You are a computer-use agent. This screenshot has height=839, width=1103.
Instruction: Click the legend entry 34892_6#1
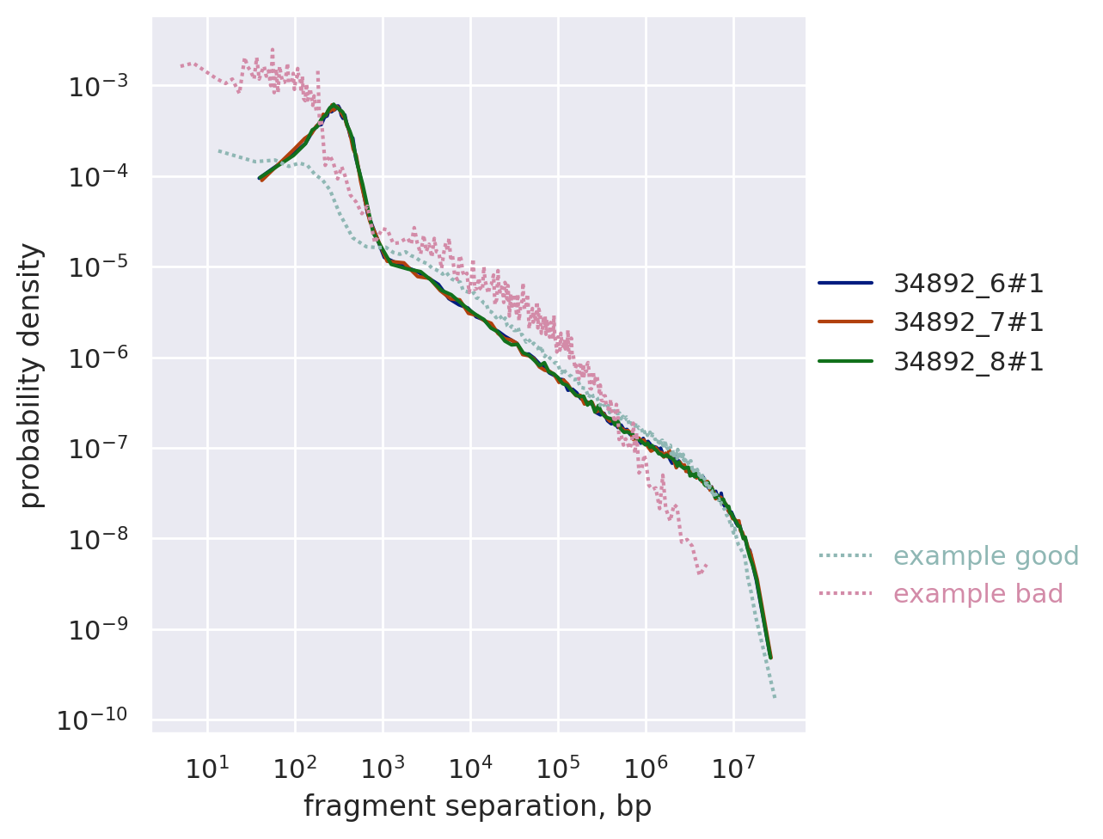pyautogui.click(x=968, y=283)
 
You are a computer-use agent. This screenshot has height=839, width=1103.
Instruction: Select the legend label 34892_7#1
pyautogui.click(x=968, y=322)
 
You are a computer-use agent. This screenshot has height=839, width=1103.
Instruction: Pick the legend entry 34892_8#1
pyautogui.click(x=968, y=362)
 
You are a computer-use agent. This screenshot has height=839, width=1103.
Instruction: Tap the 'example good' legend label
pyautogui.click(x=985, y=556)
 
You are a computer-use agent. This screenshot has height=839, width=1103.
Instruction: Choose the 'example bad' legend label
pyautogui.click(x=977, y=594)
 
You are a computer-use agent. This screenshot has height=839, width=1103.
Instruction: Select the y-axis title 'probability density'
pyautogui.click(x=31, y=375)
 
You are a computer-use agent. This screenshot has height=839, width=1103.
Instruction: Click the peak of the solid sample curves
pyautogui.click(x=334, y=106)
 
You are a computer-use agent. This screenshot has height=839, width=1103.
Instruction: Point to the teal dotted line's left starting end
pyautogui.click(x=219, y=151)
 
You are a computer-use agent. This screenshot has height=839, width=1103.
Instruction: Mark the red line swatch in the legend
pyautogui.click(x=845, y=322)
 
